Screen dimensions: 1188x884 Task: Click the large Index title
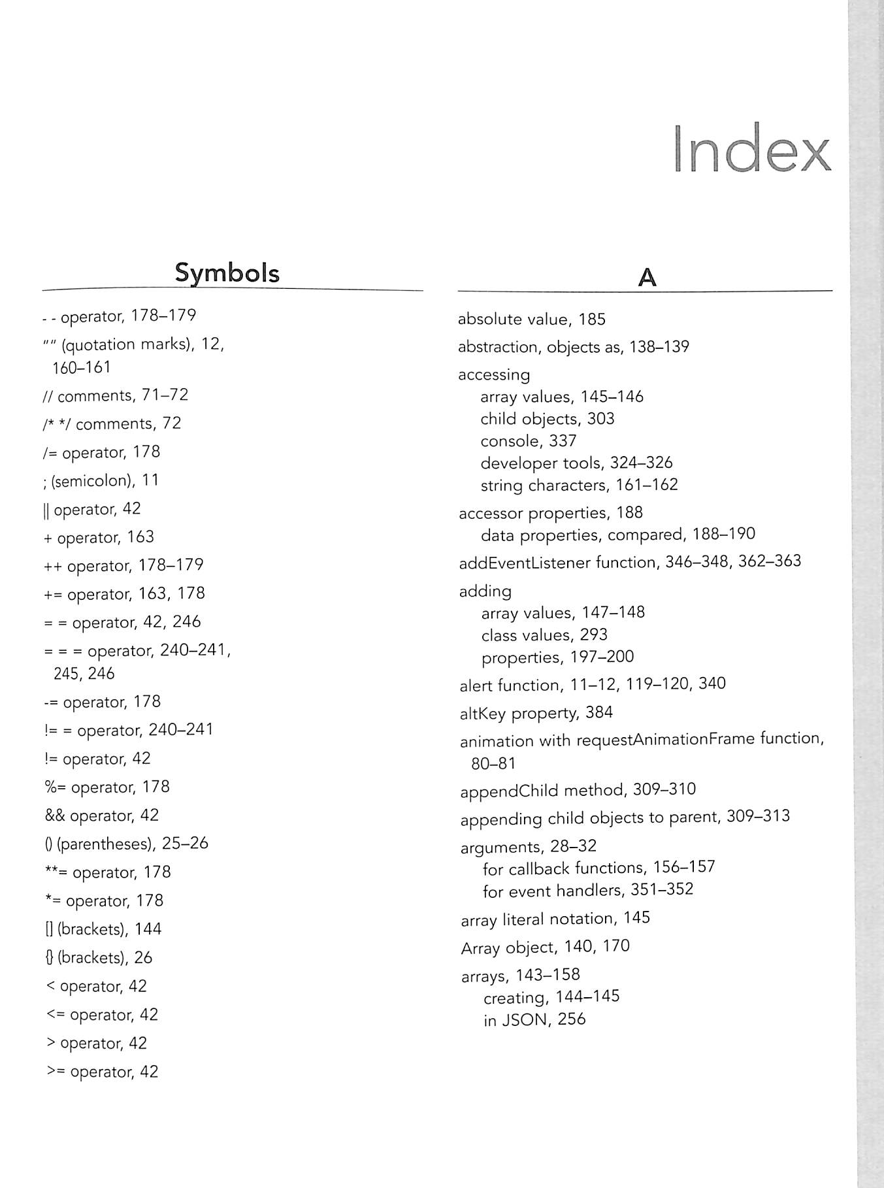751,149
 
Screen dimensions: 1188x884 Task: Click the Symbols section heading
227,272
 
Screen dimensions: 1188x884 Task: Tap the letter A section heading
646,278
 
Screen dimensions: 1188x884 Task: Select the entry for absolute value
531,319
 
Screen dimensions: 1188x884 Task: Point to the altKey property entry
536,712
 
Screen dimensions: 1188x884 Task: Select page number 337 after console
563,441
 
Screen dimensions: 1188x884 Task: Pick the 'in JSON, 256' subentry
534,1019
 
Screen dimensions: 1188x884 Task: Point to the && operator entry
101,816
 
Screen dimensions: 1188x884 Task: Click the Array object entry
545,947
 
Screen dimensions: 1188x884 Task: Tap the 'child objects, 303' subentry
547,419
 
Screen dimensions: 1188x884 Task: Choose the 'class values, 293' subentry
544,635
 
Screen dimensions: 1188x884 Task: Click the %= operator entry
107,787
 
